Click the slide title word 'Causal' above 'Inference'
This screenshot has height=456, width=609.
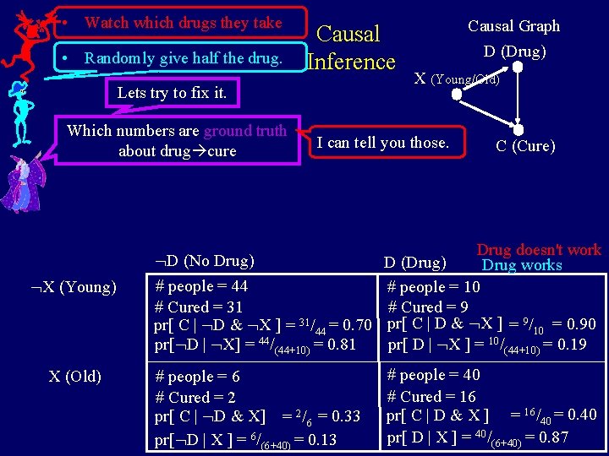pos(348,34)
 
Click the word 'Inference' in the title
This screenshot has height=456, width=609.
pos(351,62)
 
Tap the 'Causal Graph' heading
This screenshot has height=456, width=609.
pos(513,26)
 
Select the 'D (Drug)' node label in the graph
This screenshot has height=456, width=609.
pos(514,52)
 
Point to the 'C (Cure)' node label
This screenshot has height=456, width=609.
pos(525,146)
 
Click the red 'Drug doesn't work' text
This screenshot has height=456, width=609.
pos(538,250)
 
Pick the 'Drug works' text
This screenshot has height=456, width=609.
pos(522,265)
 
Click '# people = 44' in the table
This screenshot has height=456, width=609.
pos(201,286)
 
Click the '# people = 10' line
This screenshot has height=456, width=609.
pos(433,287)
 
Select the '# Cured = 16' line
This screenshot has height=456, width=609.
pos(431,396)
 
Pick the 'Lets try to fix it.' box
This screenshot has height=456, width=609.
pos(172,93)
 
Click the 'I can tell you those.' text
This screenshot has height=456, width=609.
pos(382,143)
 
